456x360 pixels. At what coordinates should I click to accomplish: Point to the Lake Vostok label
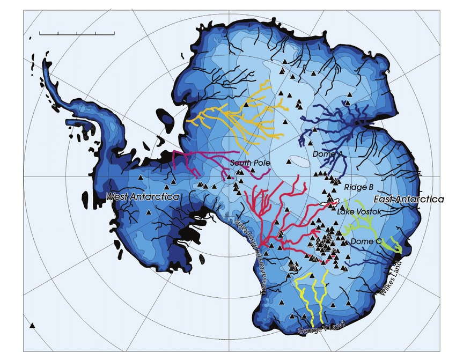click(359, 212)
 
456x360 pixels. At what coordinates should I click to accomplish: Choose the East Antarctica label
click(408, 199)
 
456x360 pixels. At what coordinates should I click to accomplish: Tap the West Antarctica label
click(142, 197)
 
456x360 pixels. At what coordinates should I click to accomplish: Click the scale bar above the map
click(77, 34)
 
